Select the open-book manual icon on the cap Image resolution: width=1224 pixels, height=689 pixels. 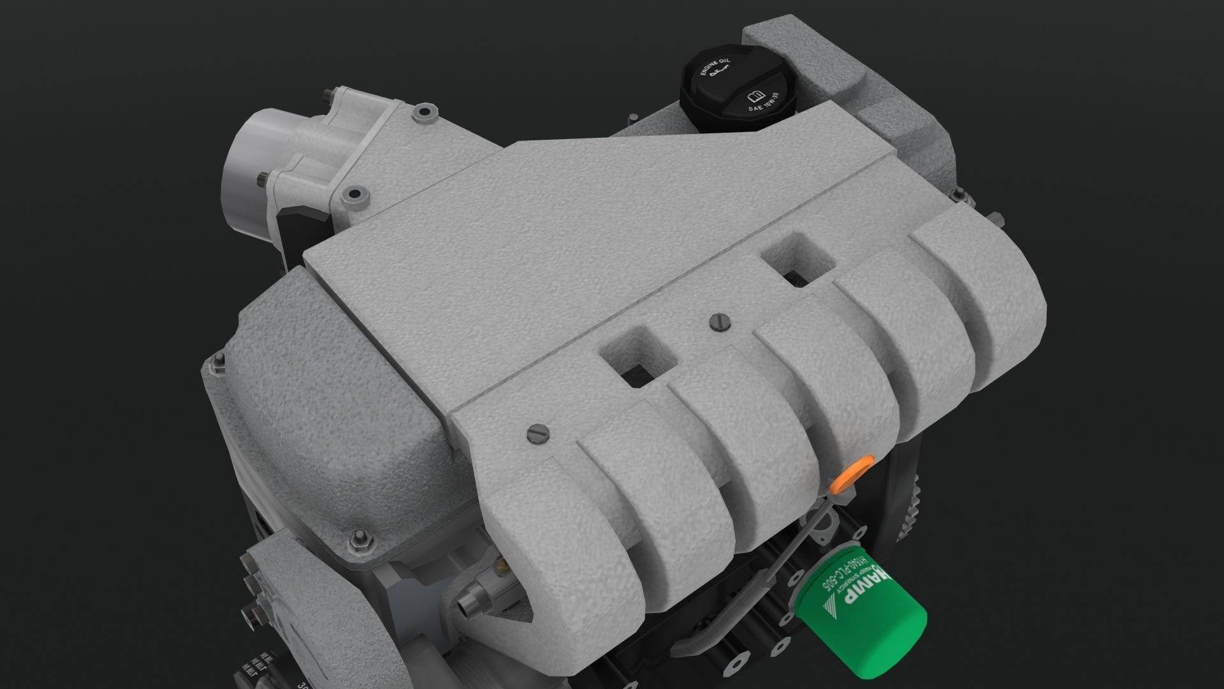point(755,97)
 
